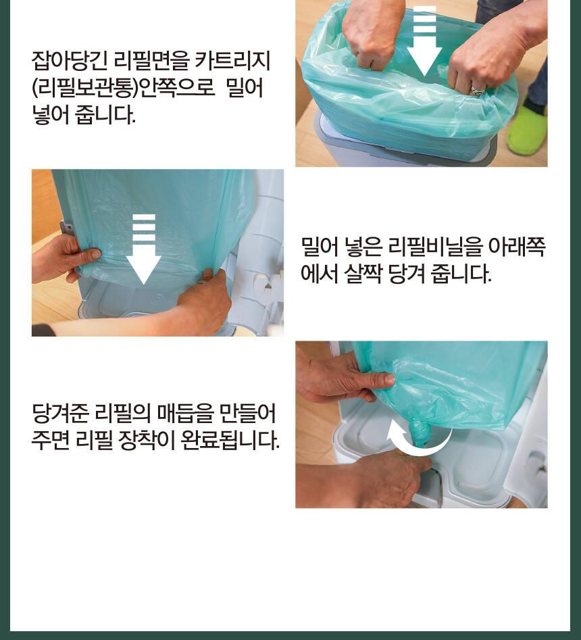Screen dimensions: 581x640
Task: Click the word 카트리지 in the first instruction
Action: (232, 60)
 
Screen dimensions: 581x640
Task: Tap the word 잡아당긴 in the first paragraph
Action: (70, 60)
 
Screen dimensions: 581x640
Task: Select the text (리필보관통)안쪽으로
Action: (123, 87)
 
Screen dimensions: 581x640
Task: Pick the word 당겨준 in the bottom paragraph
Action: (60, 413)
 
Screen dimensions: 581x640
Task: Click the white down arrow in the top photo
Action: (424, 41)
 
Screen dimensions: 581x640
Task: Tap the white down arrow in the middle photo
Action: (143, 249)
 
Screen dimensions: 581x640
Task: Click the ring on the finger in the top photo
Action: (478, 91)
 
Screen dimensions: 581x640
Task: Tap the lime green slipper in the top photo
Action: (527, 126)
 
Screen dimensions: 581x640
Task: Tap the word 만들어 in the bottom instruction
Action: (247, 413)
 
